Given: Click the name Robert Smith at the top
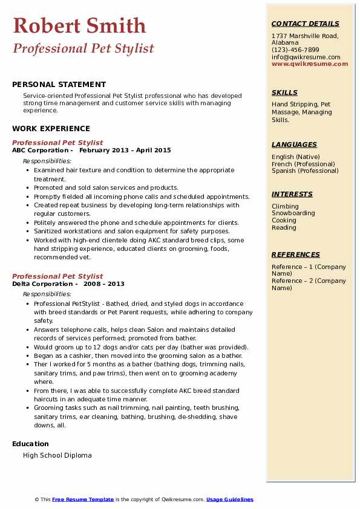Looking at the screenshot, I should [x=79, y=26].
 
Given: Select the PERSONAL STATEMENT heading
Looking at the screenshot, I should [x=59, y=85].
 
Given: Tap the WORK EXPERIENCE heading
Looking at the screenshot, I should [x=51, y=128].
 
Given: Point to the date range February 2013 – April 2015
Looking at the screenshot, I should [x=125, y=151].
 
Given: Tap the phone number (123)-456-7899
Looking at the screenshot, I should [x=295, y=50].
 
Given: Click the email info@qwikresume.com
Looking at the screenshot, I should [x=306, y=57].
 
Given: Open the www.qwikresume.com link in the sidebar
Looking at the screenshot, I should [x=310, y=63].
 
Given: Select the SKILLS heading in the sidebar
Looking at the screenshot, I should [x=284, y=92].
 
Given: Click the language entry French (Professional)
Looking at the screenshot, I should [x=303, y=164].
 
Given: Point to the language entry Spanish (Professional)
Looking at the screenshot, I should [x=305, y=170].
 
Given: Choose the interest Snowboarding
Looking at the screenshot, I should [x=293, y=213].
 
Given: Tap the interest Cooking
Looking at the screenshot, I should [x=284, y=221].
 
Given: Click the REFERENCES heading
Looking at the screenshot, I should [x=296, y=254].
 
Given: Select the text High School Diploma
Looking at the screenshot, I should [x=57, y=455].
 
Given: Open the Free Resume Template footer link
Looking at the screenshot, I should [x=83, y=499].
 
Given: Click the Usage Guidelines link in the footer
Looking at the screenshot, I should [x=230, y=499].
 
